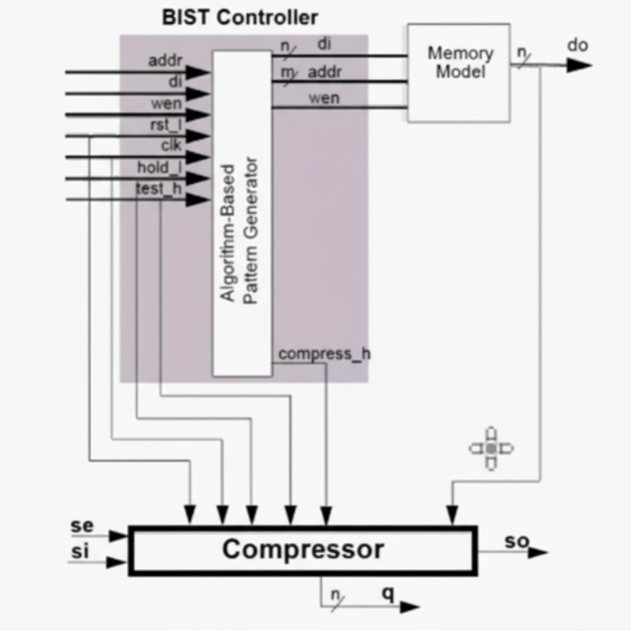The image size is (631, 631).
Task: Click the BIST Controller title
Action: click(240, 17)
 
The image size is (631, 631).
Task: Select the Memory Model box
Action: click(459, 73)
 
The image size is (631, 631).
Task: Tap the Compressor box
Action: click(303, 550)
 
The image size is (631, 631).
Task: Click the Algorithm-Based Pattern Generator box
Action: click(242, 213)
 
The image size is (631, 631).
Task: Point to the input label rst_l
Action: click(166, 125)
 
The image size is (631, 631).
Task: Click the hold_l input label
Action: click(160, 167)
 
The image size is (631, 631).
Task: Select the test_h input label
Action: click(158, 189)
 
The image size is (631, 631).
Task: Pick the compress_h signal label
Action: click(324, 354)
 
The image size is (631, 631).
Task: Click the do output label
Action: click(577, 45)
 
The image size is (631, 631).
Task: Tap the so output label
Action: click(516, 541)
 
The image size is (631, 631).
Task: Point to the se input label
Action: click(82, 526)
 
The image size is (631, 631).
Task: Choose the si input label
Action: click(80, 552)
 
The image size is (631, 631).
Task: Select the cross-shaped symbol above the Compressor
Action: click(491, 449)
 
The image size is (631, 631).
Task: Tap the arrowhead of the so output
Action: click(537, 552)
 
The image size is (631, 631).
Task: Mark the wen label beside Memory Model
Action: click(324, 98)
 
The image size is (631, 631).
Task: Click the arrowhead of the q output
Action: click(409, 607)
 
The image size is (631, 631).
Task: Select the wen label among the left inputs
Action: click(166, 104)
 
